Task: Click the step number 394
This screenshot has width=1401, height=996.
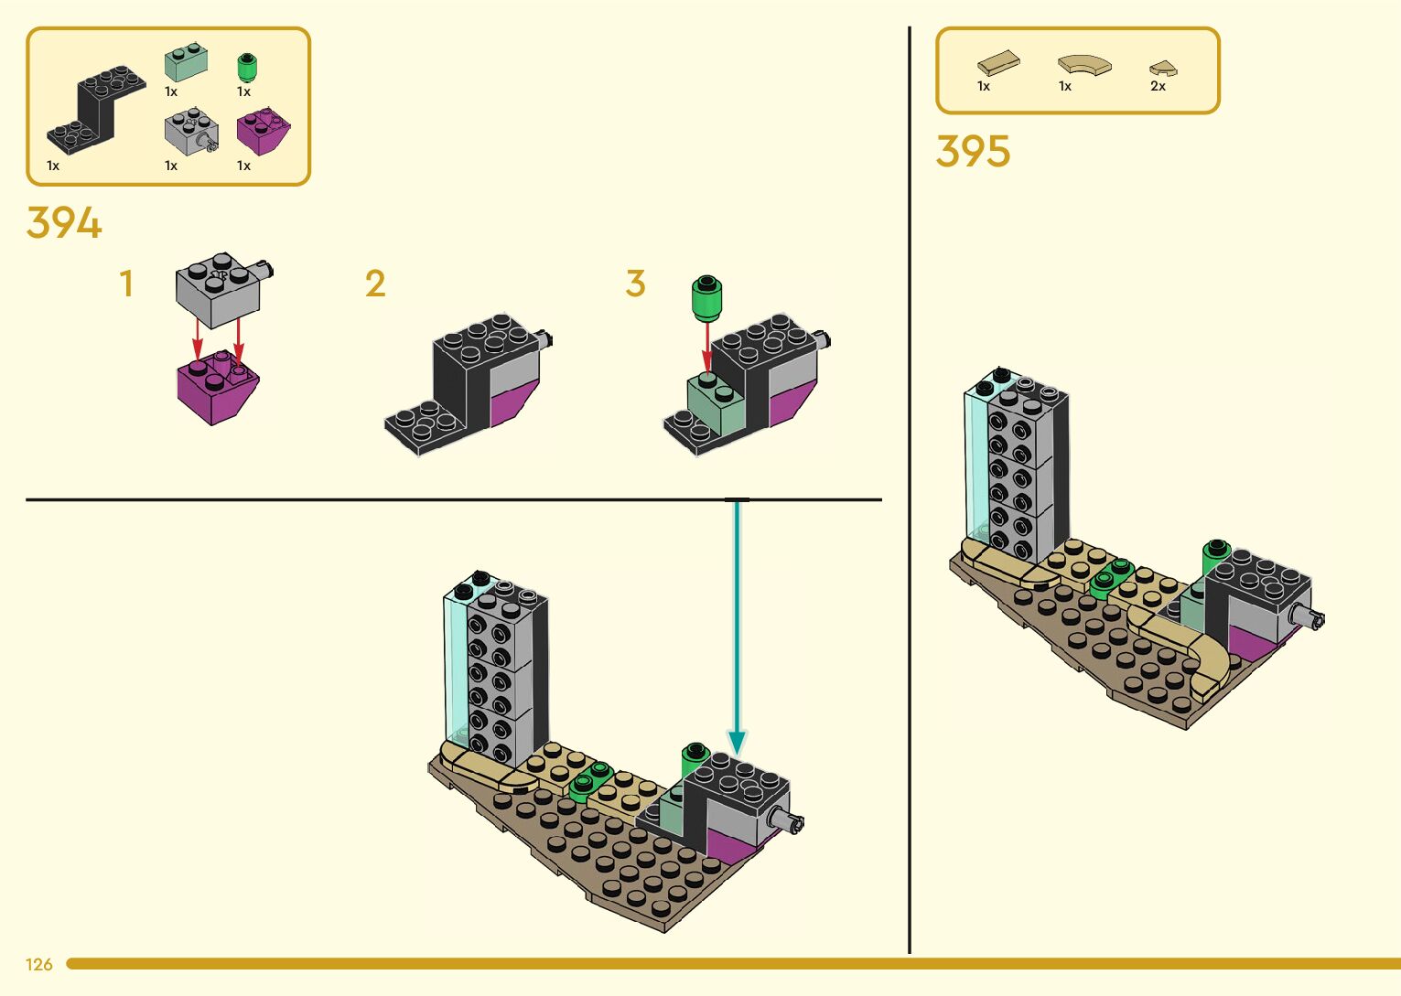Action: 64,223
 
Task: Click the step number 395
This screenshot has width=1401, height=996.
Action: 973,152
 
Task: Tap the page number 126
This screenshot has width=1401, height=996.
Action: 39,964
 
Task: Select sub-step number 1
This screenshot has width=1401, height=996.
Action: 126,284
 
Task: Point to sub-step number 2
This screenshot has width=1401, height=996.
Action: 375,284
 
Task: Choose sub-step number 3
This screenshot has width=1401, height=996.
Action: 636,284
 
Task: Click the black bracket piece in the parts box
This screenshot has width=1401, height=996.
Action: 96,110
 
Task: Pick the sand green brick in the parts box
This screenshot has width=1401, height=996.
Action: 186,63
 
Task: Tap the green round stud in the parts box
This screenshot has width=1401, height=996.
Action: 246,68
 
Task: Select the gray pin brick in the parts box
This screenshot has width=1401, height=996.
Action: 190,131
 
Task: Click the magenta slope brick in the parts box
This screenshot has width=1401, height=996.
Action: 263,131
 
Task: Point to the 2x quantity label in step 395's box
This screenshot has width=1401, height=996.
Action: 1158,87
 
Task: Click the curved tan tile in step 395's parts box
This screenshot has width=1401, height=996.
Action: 1084,65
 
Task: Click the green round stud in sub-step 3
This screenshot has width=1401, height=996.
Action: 706,298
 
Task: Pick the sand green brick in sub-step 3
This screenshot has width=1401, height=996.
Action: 716,403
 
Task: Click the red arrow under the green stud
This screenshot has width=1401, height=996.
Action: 706,348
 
